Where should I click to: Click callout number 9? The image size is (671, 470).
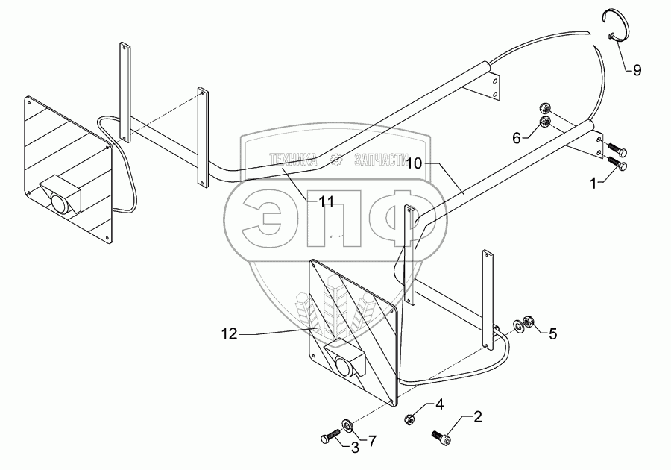(x=636, y=71)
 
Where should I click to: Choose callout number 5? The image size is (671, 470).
(x=552, y=333)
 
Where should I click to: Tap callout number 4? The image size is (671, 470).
(x=440, y=406)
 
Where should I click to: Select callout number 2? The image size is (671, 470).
(x=478, y=418)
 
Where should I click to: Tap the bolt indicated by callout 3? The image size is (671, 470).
(x=333, y=436)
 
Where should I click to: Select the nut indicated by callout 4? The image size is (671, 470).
(x=411, y=419)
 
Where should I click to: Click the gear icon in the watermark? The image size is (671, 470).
(x=337, y=159)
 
